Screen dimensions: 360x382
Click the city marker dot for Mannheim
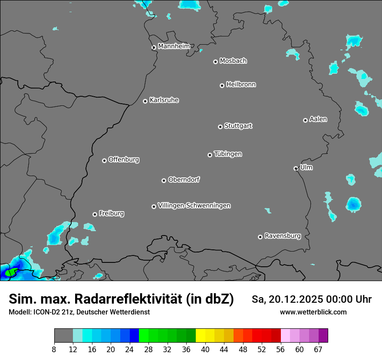coord(154,48)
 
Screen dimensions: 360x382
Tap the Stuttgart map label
coord(238,126)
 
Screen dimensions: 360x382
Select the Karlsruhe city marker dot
coord(145,101)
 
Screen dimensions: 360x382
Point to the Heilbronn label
coord(241,84)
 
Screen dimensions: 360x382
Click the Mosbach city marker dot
coord(215,62)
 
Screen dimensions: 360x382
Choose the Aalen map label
coord(318,119)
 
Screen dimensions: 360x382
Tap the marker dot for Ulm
coord(296,168)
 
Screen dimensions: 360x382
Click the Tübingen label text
coord(228,154)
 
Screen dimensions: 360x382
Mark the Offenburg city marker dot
coord(104,160)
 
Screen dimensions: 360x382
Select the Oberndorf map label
coord(184,180)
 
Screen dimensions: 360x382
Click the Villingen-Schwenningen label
coord(194,205)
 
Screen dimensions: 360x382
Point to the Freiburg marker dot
coord(95,214)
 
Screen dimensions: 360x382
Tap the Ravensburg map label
coord(283,236)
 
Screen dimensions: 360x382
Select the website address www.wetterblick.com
coord(313,312)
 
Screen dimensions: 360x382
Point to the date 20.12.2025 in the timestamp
coord(294,299)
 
